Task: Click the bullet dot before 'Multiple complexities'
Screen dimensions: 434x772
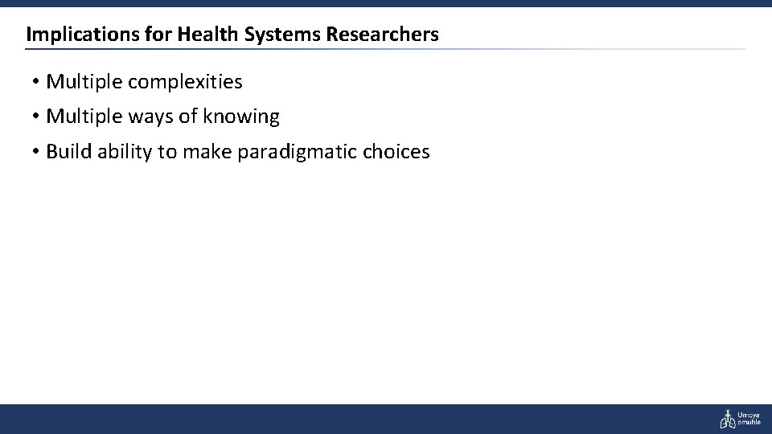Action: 38,82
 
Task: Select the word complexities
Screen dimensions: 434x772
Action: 185,82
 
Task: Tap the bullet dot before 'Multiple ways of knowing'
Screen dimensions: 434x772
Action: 38,117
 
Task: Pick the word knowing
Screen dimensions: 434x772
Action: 241,117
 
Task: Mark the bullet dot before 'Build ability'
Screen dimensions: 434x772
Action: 38,152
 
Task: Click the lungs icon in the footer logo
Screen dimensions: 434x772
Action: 727,419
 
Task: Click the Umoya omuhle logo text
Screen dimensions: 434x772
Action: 749,419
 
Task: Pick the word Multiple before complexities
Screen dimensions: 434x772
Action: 84,82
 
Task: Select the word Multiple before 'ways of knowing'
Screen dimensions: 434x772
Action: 84,117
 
